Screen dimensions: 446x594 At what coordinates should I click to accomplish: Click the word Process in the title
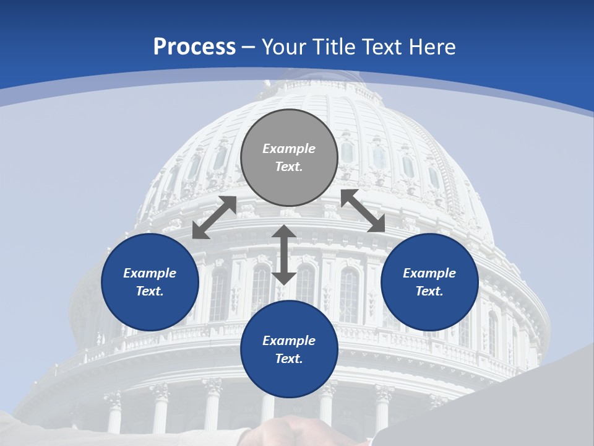194,47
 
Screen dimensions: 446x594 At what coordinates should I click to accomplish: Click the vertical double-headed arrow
284,255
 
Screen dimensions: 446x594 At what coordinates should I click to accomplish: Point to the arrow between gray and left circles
214,217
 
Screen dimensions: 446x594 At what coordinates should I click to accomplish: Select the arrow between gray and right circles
363,211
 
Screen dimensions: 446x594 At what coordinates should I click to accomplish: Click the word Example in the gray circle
289,149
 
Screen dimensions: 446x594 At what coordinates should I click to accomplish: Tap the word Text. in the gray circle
289,167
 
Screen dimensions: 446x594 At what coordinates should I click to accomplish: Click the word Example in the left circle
150,273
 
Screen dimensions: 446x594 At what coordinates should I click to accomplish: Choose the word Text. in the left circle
150,291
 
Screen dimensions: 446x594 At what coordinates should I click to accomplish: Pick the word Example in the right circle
429,273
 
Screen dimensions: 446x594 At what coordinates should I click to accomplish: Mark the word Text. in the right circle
429,291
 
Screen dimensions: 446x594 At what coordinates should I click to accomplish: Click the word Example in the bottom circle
289,341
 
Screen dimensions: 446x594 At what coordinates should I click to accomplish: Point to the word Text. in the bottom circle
289,359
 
